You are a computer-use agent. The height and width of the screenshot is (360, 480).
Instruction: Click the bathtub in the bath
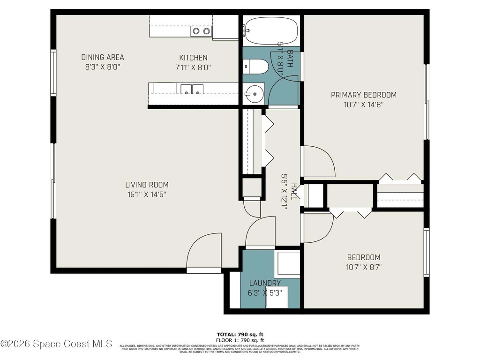pyautogui.click(x=271, y=30)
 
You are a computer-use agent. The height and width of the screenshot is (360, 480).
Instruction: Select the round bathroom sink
pyautogui.click(x=253, y=94)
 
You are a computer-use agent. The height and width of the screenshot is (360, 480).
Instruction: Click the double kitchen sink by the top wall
pyautogui.click(x=201, y=31)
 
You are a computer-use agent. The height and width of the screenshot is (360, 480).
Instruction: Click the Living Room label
pyautogui.click(x=147, y=185)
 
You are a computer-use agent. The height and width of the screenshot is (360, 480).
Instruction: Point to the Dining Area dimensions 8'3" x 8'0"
pyautogui.click(x=103, y=67)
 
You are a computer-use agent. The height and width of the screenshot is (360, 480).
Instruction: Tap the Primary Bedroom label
pyautogui.click(x=363, y=95)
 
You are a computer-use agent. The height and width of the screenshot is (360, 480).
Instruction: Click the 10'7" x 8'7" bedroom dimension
pyautogui.click(x=363, y=268)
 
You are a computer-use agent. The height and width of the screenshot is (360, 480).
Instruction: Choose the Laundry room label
pyautogui.click(x=265, y=283)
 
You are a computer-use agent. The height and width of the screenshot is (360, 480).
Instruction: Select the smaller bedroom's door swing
pyautogui.click(x=317, y=228)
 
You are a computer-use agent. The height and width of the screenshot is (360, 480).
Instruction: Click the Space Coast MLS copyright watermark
pyautogui.click(x=56, y=344)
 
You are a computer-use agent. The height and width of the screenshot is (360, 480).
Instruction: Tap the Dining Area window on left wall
pyautogui.click(x=53, y=74)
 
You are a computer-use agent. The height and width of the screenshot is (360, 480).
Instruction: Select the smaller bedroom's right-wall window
pyautogui.click(x=426, y=252)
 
